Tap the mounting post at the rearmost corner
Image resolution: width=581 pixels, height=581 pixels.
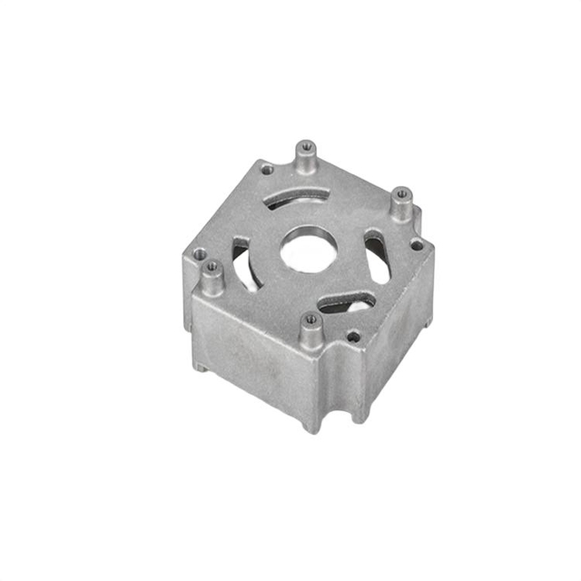point(306,158)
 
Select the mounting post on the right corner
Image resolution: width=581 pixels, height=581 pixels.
point(401,204)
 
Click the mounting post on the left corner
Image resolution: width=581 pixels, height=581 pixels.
point(212,278)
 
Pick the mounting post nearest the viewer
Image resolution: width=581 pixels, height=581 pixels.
point(310,332)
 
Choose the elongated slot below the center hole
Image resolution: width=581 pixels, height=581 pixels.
point(349,303)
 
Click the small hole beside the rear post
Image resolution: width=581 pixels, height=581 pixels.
point(266,168)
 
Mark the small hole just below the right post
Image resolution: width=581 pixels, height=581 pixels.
point(416,244)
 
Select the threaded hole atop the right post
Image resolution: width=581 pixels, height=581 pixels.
point(402,192)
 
